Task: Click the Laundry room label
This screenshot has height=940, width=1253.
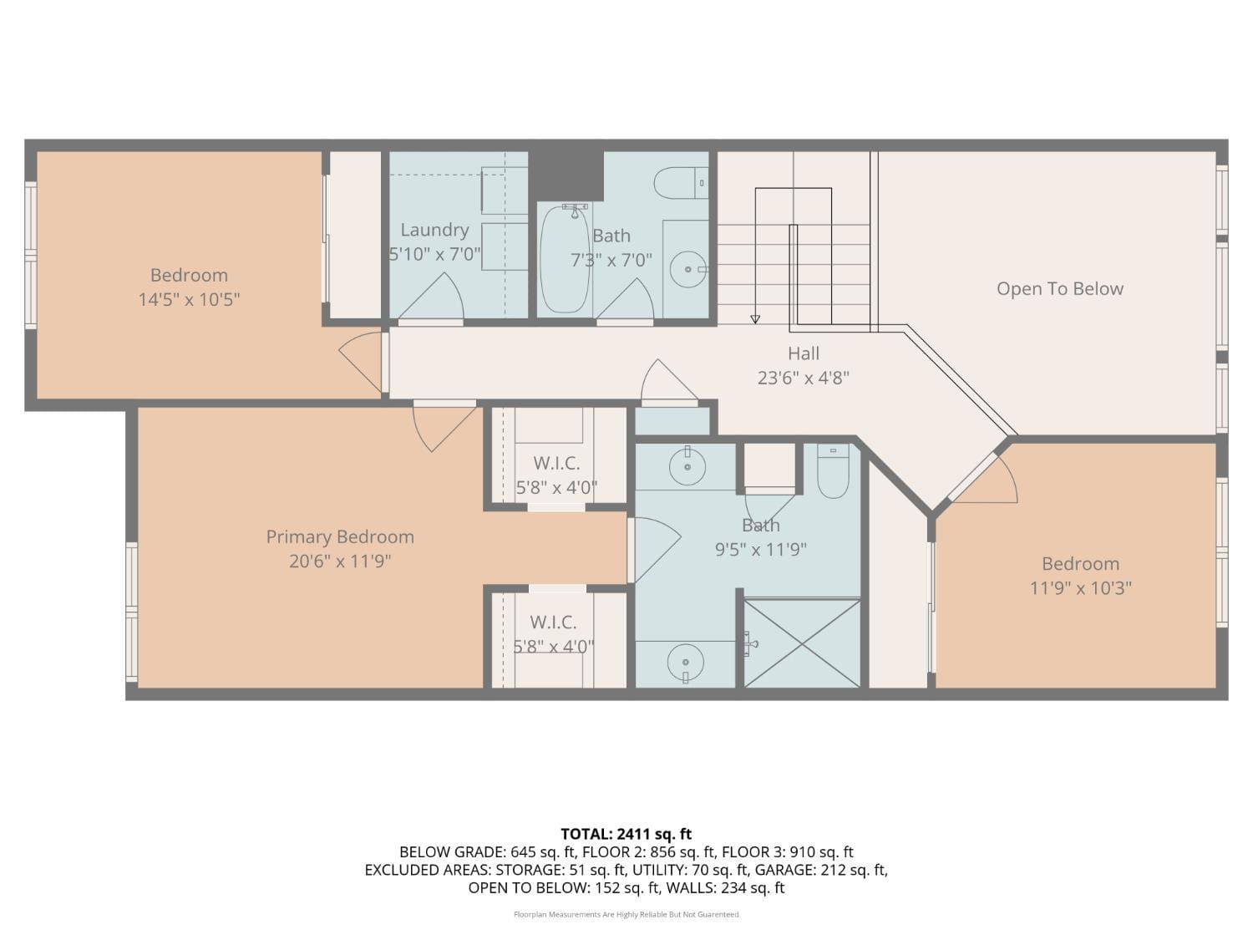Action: (434, 230)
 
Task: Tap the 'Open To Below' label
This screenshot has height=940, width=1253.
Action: (1059, 289)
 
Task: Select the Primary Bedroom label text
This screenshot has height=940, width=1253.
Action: (340, 537)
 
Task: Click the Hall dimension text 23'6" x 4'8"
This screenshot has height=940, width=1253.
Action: (803, 378)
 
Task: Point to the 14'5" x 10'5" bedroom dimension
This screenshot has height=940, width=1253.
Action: (189, 299)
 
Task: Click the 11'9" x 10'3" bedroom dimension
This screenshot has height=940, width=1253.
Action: (1080, 588)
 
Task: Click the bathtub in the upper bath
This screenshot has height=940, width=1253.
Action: (565, 259)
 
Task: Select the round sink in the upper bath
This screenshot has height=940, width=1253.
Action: (687, 269)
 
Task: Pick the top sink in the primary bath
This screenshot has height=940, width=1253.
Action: (687, 466)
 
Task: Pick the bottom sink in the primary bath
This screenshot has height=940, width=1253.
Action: (685, 663)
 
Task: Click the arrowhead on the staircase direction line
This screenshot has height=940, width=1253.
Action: (755, 319)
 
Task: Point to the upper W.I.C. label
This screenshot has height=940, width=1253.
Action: (556, 464)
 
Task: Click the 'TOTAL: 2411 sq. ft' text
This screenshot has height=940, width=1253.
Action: (626, 834)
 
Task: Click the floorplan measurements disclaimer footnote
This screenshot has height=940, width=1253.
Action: (626, 915)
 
